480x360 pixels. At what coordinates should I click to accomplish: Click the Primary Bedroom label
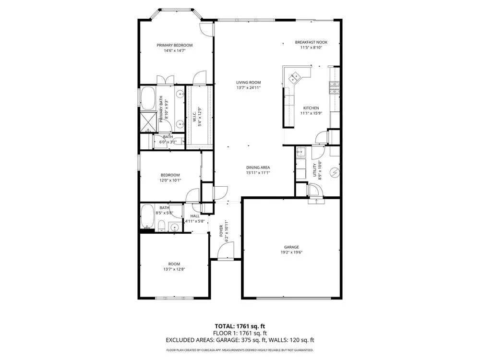175,45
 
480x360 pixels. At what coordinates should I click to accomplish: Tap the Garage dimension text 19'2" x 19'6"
291,252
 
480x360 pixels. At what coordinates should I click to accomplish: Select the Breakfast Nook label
311,42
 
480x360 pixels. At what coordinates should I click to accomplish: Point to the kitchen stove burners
334,87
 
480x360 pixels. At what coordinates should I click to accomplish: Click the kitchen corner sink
295,77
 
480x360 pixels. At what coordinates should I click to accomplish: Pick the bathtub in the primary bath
148,98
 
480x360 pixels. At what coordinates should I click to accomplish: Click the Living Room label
248,83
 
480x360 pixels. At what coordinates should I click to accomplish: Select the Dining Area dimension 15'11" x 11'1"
258,173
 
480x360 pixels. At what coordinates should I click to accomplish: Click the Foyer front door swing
226,250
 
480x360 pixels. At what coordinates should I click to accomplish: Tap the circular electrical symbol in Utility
334,173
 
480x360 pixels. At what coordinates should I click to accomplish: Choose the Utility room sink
301,152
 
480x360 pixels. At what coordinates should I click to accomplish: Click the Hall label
195,216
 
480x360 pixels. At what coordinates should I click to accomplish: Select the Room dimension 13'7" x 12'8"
174,269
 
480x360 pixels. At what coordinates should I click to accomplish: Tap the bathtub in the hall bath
147,216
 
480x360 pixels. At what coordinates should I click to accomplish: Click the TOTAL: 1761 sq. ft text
237,326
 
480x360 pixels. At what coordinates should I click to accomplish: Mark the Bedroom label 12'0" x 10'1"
170,180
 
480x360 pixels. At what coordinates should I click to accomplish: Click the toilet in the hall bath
161,226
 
